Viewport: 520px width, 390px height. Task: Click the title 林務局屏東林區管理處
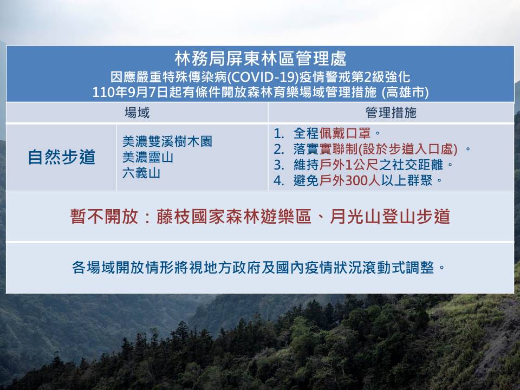[261, 58]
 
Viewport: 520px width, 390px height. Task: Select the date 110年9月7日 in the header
[131, 92]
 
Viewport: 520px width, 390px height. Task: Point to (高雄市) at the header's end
[405, 92]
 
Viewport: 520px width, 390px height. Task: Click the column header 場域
[137, 113]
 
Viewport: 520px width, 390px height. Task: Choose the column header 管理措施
[391, 113]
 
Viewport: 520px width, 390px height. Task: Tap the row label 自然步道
[62, 157]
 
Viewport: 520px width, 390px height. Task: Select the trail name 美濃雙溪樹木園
[167, 141]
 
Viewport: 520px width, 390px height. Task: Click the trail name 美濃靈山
[148, 157]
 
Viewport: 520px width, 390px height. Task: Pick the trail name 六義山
[141, 173]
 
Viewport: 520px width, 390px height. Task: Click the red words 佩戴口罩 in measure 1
[344, 133]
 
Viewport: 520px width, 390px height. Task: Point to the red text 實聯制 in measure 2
[338, 149]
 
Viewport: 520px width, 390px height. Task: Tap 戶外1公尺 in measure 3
[349, 165]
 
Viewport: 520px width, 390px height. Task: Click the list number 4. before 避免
[279, 181]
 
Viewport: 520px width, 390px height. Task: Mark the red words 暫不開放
[104, 217]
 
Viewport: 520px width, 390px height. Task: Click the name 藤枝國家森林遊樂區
[234, 217]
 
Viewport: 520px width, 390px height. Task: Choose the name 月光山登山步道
[390, 217]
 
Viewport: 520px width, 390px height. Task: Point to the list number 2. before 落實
[279, 149]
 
